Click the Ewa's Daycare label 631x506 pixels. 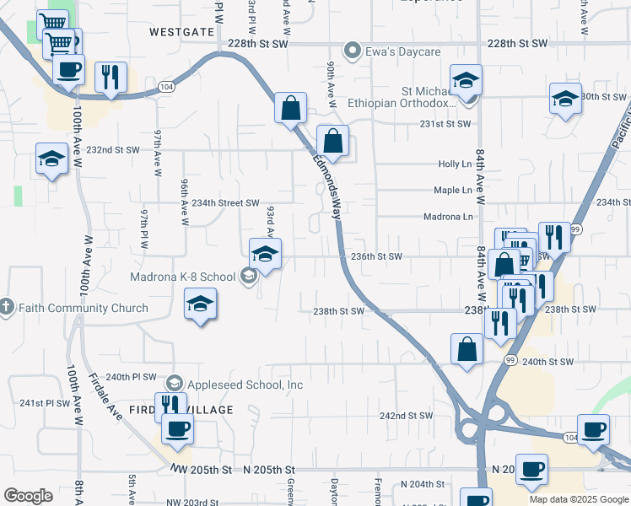[x=402, y=51]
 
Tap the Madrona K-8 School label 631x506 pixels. [x=182, y=277]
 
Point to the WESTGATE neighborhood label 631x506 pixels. [x=181, y=31]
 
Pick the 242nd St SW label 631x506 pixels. [x=406, y=416]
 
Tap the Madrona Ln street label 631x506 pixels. [x=448, y=217]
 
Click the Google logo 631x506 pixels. [x=28, y=496]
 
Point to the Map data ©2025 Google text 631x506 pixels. [x=579, y=499]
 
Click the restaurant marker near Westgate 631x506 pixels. [x=111, y=77]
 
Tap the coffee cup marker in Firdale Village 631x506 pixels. [x=177, y=428]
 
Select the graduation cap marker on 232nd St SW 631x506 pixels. [x=51, y=158]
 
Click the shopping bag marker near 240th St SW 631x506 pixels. [x=467, y=348]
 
